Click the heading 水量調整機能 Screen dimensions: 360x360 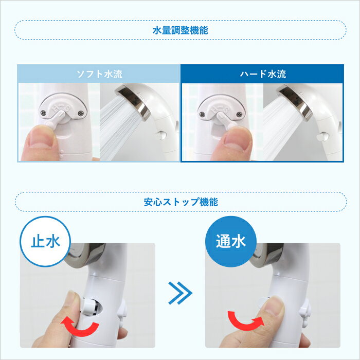coord(180,30)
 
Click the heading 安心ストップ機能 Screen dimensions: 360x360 coord(180,202)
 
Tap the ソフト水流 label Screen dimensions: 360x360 coord(99,74)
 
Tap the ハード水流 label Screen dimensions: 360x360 coord(262,74)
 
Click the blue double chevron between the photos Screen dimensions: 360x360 coord(180,294)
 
